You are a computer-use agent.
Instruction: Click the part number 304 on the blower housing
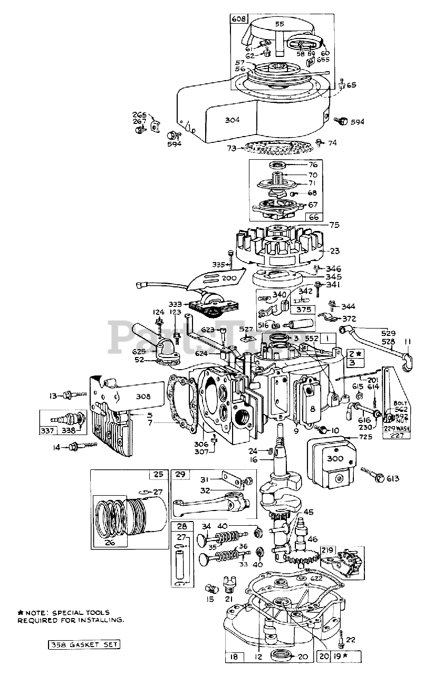click(233, 120)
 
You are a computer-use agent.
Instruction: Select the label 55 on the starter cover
click(280, 24)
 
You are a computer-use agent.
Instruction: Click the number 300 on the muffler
click(334, 459)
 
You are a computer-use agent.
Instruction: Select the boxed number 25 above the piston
click(158, 474)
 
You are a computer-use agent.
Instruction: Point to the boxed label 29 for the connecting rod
click(180, 475)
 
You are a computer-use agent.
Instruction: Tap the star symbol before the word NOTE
click(21, 612)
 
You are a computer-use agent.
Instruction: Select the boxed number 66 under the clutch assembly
click(313, 217)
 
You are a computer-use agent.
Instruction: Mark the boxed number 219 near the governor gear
click(327, 549)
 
